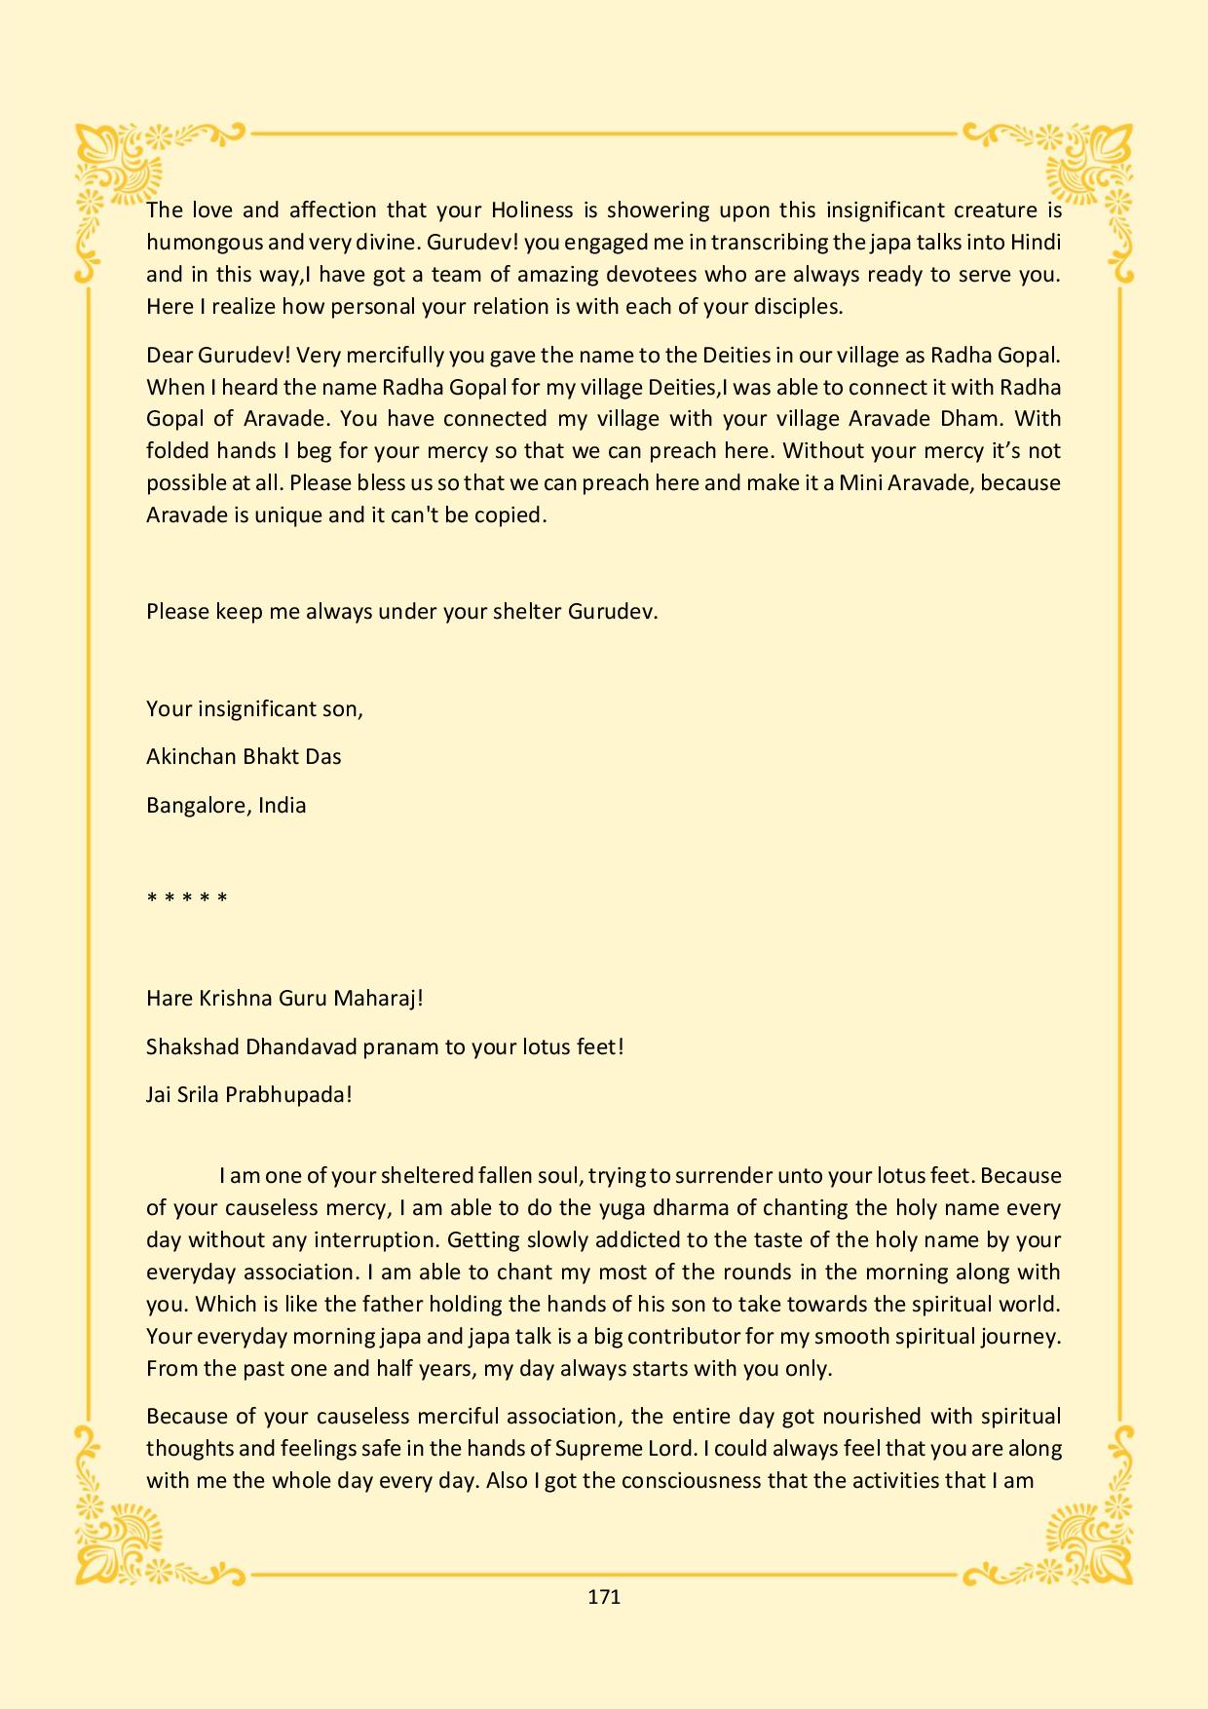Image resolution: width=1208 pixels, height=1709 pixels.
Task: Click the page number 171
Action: (x=604, y=1597)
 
